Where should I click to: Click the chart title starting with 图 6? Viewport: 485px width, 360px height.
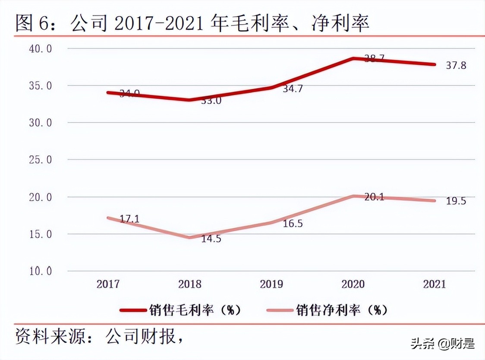pos(192,22)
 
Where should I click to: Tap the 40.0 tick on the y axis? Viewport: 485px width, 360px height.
pos(40,48)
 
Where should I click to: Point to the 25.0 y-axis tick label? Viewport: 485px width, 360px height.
pos(40,160)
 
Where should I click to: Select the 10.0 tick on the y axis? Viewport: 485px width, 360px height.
pos(40,271)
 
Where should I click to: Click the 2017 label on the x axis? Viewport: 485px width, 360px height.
pos(108,284)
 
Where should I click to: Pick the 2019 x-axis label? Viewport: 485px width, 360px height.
pos(271,284)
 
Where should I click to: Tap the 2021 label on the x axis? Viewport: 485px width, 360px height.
pos(434,284)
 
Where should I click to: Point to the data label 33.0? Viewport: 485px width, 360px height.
pos(211,101)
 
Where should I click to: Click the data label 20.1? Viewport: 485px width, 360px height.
pos(374,197)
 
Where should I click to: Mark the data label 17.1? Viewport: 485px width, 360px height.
pos(129,219)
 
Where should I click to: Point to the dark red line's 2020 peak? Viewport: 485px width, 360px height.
pos(353,58)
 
